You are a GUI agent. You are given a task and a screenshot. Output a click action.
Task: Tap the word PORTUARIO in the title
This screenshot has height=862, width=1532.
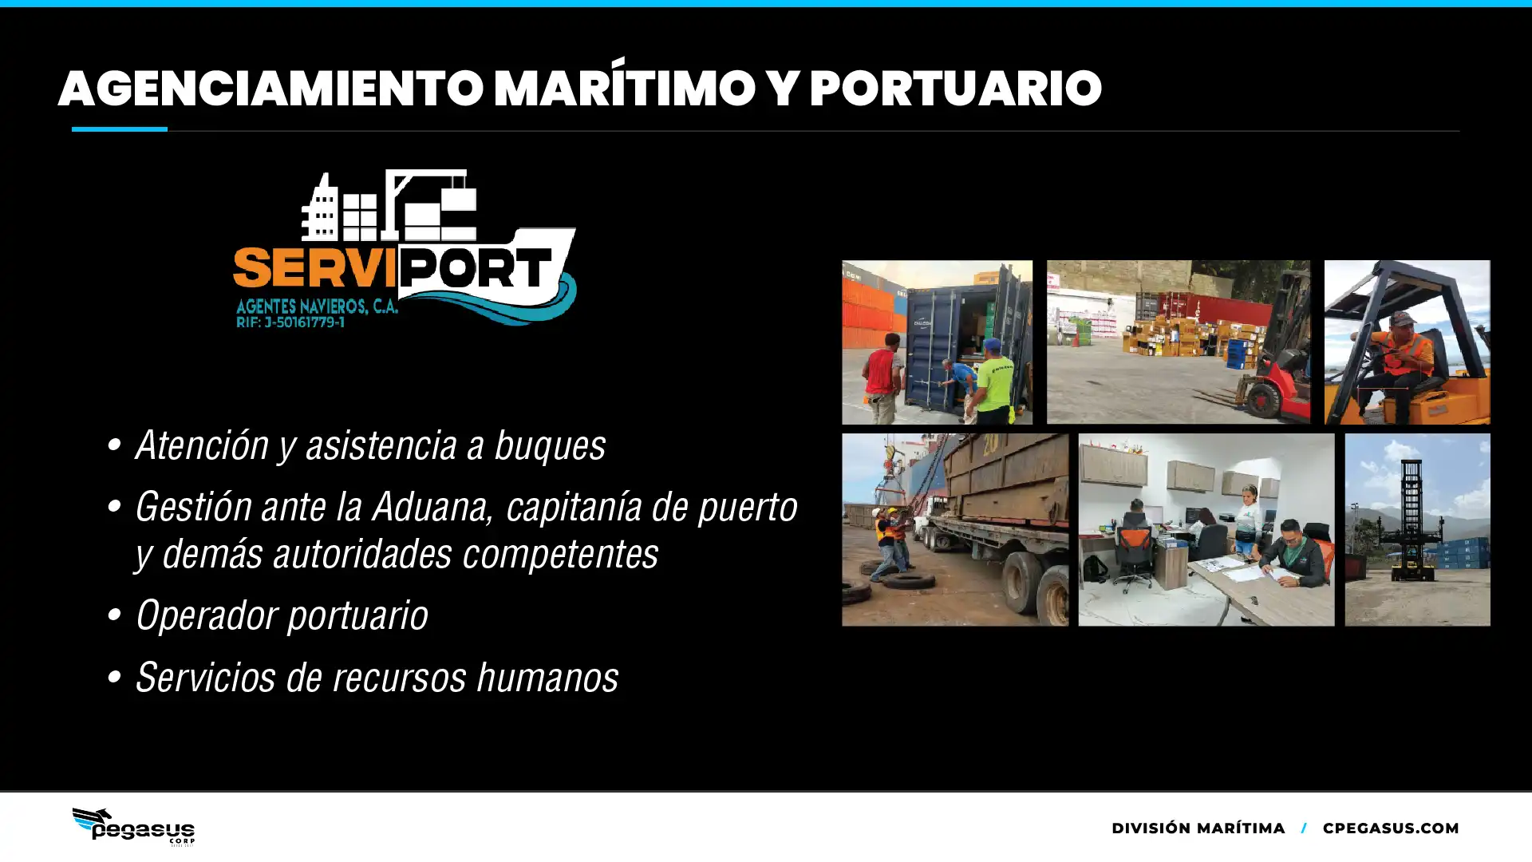(x=955, y=88)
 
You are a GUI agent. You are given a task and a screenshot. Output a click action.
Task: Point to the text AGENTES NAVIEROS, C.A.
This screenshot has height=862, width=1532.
(x=317, y=306)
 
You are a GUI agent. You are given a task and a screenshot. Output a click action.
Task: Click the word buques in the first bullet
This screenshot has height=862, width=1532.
(x=550, y=445)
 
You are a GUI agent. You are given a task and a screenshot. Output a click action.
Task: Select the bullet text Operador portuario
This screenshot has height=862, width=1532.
(x=282, y=615)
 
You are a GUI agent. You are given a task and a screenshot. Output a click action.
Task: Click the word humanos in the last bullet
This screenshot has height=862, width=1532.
(x=547, y=678)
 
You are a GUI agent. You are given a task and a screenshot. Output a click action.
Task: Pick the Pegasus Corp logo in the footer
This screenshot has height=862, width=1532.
(x=133, y=826)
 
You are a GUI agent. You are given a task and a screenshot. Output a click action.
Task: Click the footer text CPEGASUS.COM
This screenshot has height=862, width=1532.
(x=1391, y=828)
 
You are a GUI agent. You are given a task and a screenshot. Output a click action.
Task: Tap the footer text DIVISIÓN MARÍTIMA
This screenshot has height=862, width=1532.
(x=1198, y=828)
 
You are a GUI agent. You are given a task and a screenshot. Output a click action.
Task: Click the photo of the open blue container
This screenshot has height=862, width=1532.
(x=937, y=342)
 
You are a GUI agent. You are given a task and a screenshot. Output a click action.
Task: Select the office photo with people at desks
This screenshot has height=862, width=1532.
(x=1206, y=529)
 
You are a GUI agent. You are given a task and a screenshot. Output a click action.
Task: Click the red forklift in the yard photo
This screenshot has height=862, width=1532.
(x=1269, y=375)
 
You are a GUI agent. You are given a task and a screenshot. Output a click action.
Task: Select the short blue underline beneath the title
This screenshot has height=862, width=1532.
(x=120, y=129)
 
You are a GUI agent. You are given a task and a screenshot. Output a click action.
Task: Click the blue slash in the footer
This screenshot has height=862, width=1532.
(x=1304, y=828)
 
